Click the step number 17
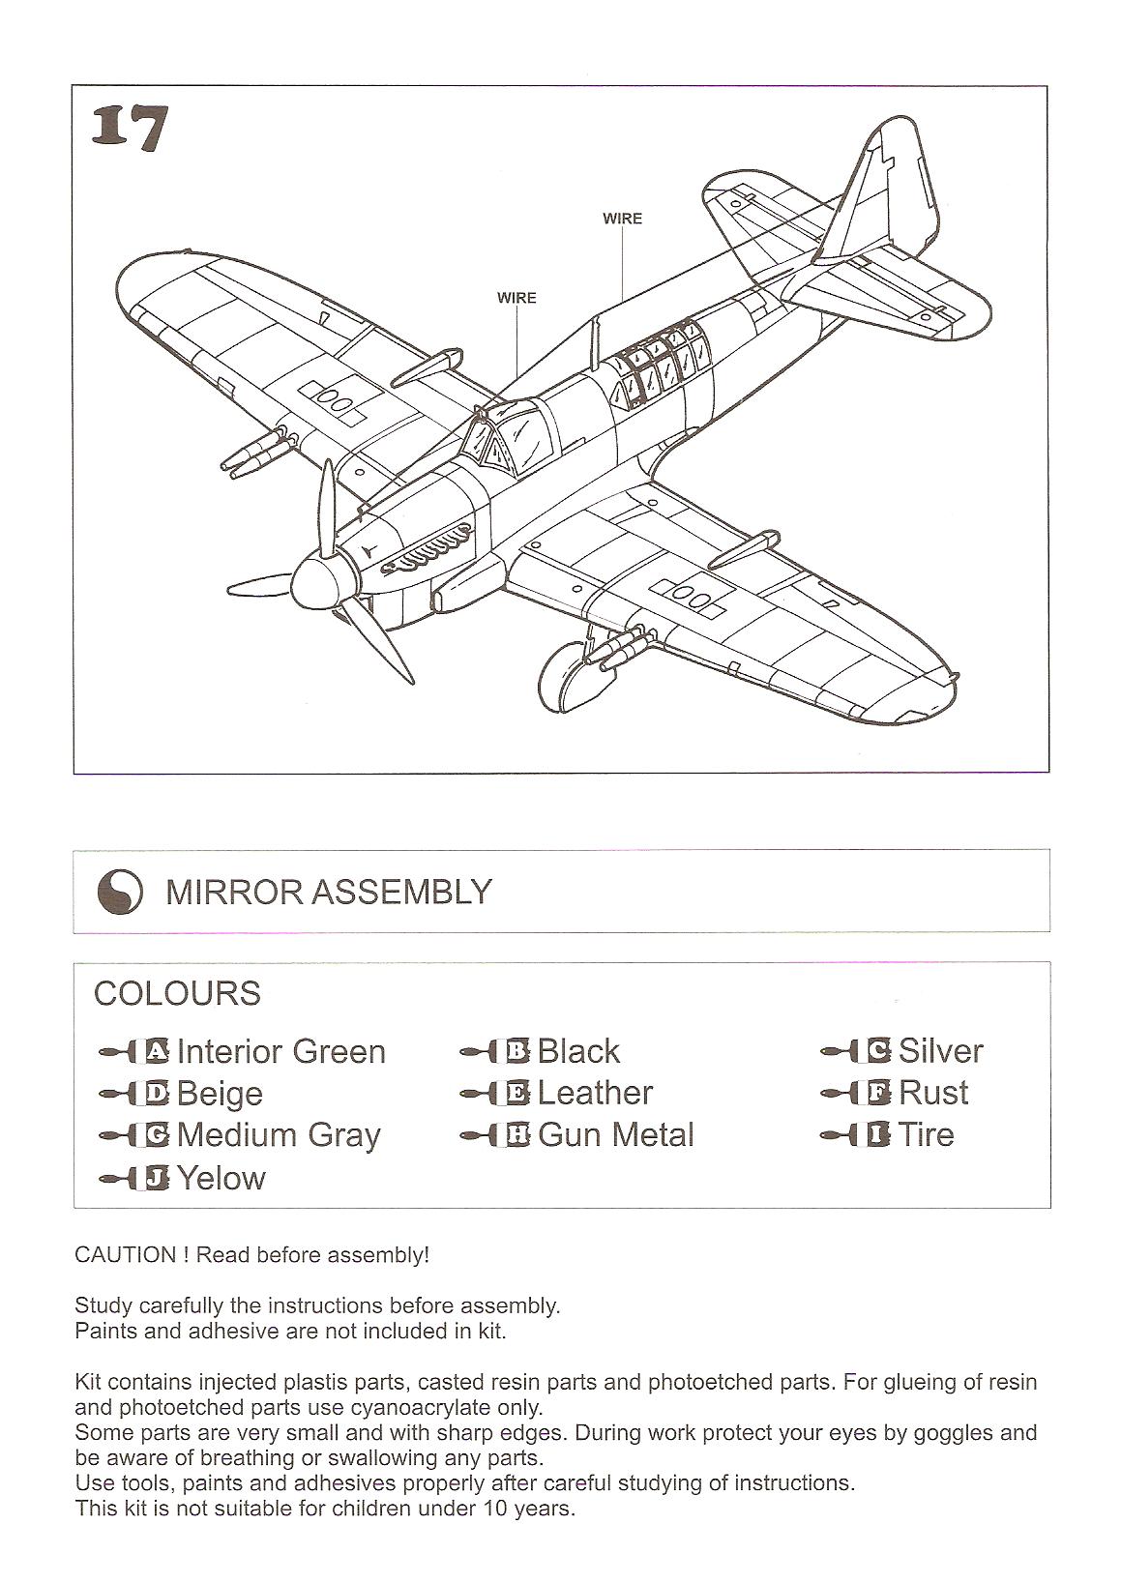(130, 129)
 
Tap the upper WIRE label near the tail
(622, 219)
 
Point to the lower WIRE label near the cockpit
(516, 298)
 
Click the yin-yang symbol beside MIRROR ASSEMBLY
(120, 892)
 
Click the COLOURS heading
(177, 993)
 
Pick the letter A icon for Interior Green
(155, 1051)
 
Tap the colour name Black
(578, 1051)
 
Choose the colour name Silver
(940, 1051)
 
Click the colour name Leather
(595, 1093)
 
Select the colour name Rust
(933, 1093)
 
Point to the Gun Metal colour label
(616, 1135)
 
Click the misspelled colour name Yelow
(221, 1178)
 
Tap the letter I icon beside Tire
(878, 1135)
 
